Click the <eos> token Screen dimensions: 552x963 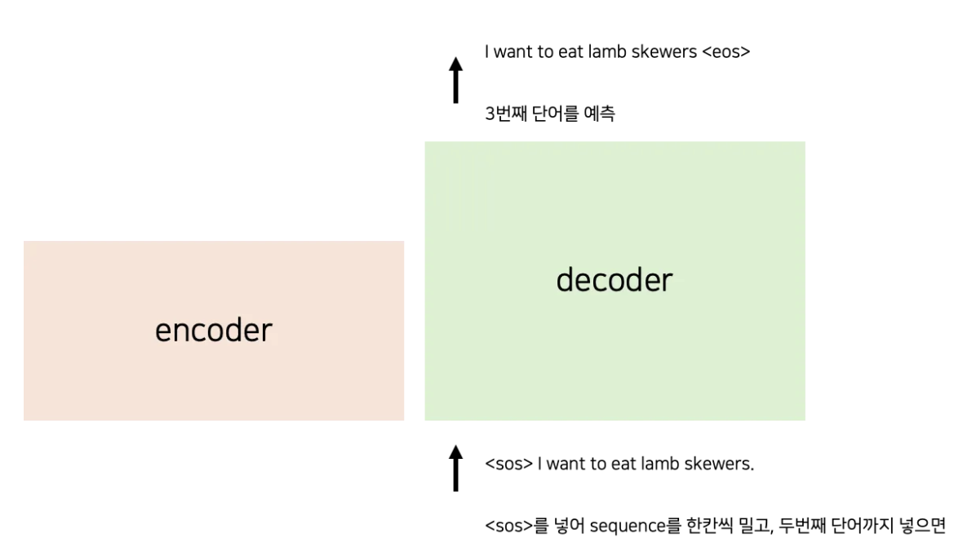[726, 51]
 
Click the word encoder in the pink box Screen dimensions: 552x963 [214, 330]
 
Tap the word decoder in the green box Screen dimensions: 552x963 [615, 279]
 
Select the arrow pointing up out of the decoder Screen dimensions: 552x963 [456, 80]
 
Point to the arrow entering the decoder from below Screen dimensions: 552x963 [456, 468]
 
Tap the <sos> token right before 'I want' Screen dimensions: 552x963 [508, 464]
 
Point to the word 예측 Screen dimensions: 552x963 [600, 114]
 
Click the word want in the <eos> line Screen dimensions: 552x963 [515, 51]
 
